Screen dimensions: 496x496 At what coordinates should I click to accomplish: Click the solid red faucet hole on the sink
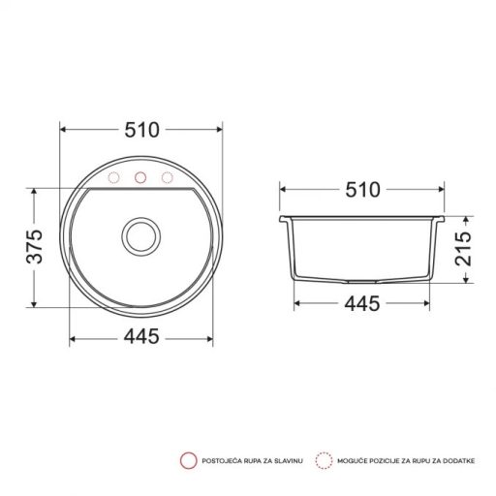pyautogui.click(x=140, y=177)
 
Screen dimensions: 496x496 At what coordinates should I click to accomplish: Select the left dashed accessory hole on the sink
pyautogui.click(x=114, y=177)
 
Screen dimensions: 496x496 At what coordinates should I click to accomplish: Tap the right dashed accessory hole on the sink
pyautogui.click(x=167, y=177)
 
